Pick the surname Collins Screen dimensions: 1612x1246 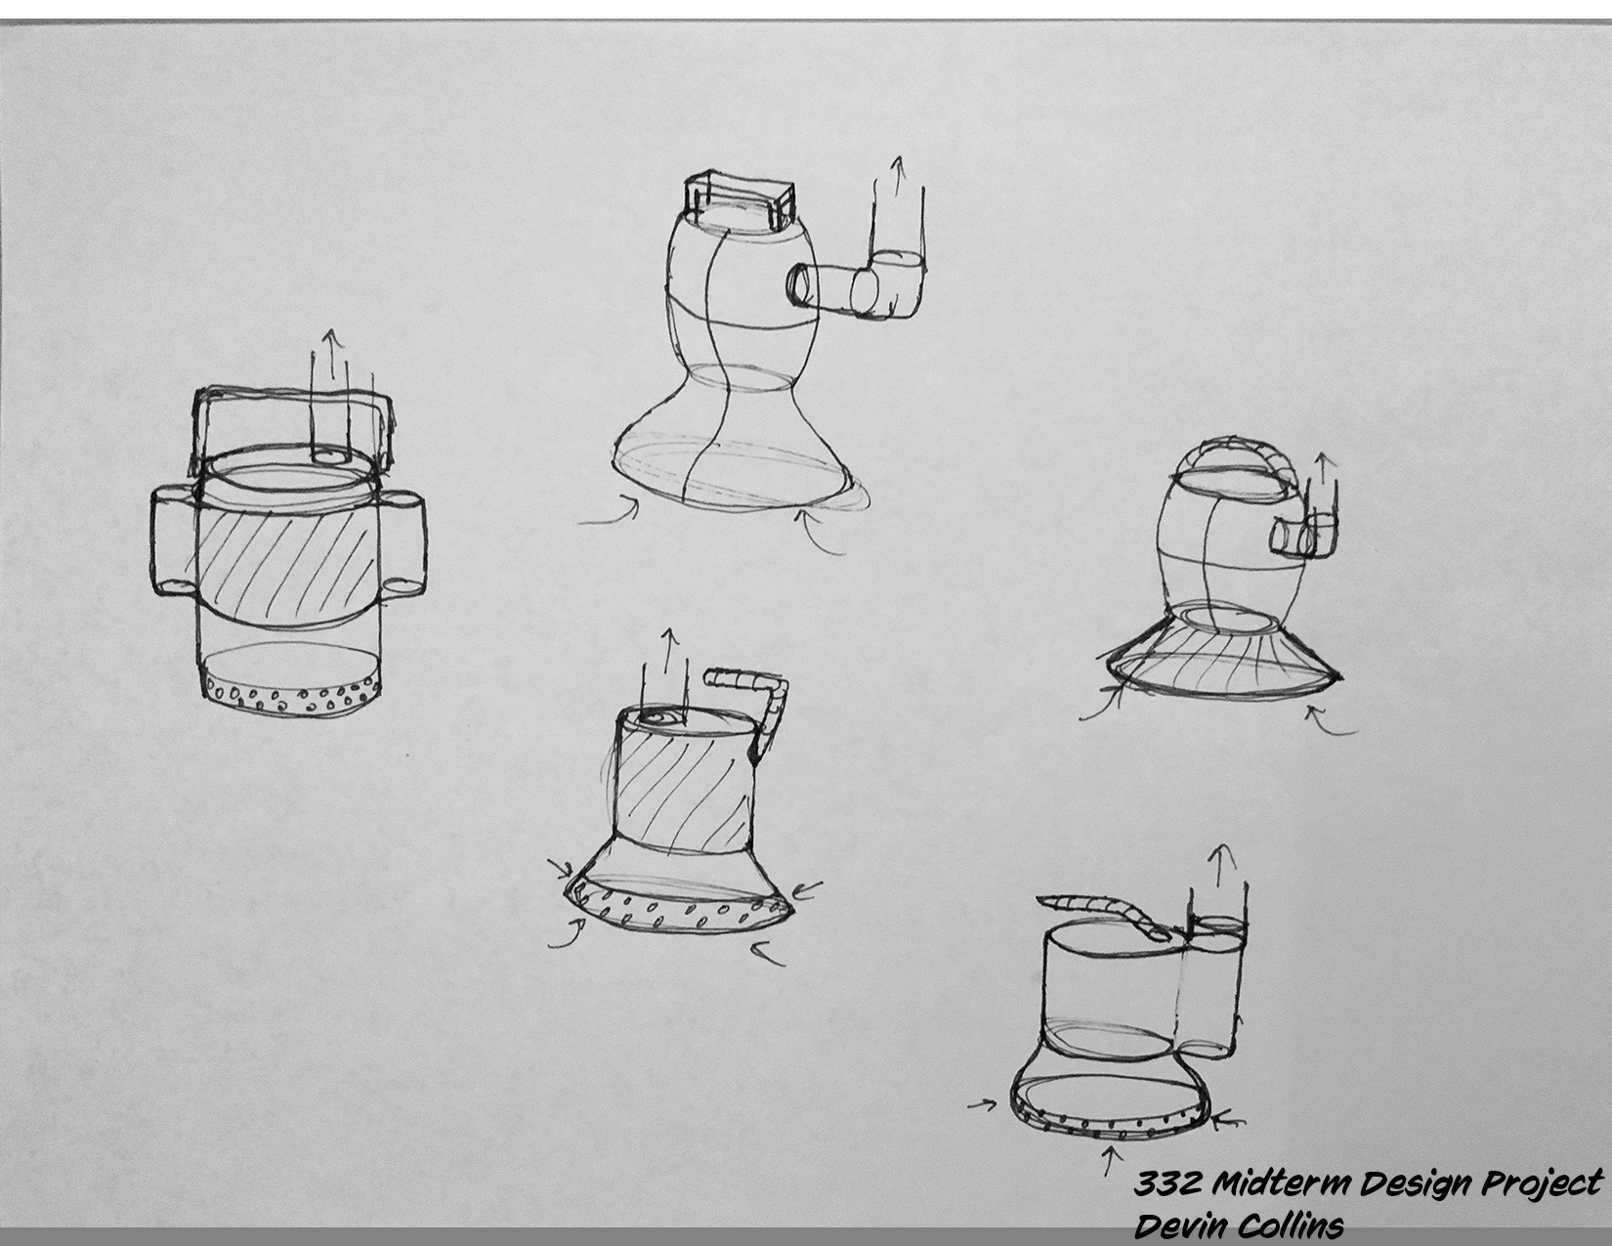coord(1292,1225)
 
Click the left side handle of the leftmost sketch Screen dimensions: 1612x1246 coord(174,542)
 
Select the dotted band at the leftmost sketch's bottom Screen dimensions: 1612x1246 coord(291,695)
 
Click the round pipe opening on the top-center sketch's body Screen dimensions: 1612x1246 coord(800,284)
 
